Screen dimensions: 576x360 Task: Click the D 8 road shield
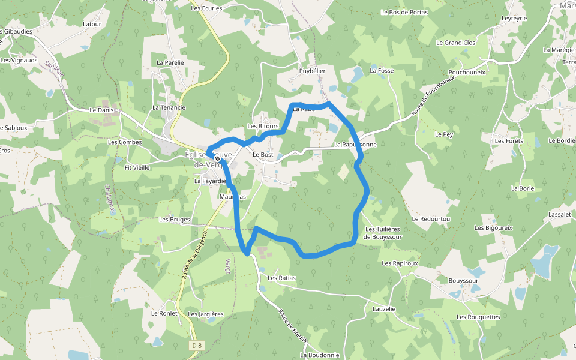click(x=196, y=346)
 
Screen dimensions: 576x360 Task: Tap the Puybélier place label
click(x=312, y=71)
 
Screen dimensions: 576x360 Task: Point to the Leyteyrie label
click(x=514, y=19)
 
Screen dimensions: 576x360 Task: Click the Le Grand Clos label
click(x=456, y=43)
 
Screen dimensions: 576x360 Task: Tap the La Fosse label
click(x=382, y=71)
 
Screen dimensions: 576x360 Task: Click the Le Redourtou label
click(x=431, y=219)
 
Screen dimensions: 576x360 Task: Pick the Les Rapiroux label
click(x=400, y=263)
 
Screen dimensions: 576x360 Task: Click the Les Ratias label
click(x=281, y=278)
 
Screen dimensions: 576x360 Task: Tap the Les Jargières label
click(x=206, y=314)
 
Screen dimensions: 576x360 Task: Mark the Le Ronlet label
click(x=163, y=313)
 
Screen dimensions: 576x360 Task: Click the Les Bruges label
click(x=175, y=220)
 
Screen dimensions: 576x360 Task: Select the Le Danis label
click(x=101, y=110)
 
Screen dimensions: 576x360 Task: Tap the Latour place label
click(x=92, y=25)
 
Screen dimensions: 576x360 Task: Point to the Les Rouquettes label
click(x=478, y=317)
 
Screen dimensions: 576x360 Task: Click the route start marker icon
click(x=217, y=159)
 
